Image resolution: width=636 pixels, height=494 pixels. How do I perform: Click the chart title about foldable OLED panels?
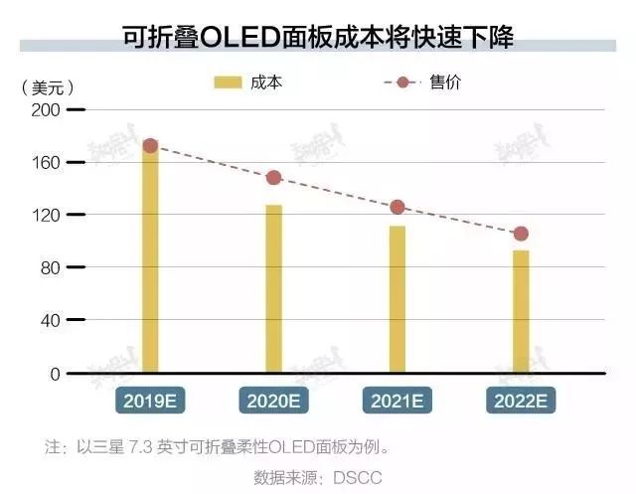[318, 36]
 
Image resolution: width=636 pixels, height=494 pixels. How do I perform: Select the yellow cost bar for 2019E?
[150, 263]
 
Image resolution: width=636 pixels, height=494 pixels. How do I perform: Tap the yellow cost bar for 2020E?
[273, 288]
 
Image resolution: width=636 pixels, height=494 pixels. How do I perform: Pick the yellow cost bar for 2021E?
[397, 298]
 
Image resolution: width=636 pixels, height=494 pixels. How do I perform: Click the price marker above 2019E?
[150, 146]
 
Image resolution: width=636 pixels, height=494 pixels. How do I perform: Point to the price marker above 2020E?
[273, 178]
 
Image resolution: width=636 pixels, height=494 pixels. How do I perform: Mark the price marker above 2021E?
[397, 207]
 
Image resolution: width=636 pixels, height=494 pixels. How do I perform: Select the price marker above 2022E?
[521, 234]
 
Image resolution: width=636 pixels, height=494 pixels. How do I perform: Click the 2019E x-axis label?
[151, 401]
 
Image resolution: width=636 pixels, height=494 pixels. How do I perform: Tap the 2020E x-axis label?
[274, 401]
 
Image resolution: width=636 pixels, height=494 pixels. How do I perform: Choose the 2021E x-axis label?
[397, 401]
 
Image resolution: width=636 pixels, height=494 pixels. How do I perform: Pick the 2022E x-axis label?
[521, 401]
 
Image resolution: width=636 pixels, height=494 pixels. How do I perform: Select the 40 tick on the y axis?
[50, 320]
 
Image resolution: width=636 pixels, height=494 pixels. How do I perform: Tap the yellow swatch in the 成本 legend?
[229, 82]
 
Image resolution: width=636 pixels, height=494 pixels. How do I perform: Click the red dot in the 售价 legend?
[402, 82]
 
